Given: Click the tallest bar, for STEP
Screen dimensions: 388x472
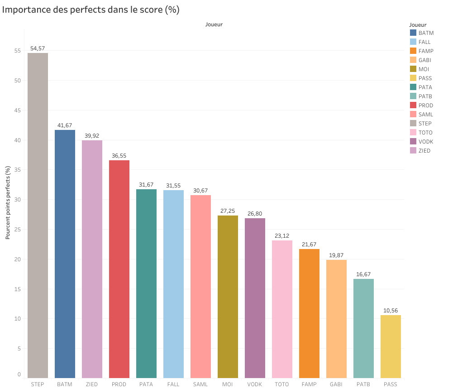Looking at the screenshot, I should coord(38,215).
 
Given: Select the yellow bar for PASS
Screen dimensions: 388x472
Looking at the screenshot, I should coord(391,346).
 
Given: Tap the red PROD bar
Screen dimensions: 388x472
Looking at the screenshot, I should coord(119,269).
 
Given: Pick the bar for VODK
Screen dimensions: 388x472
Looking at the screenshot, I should coord(255,298).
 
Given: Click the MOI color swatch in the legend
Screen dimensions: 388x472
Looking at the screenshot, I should coord(413,69).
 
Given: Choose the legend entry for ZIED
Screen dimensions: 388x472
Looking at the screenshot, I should coord(424,150).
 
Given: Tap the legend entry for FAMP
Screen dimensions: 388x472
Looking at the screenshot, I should coord(425,51).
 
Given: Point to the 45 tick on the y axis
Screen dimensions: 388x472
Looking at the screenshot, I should coord(18,110).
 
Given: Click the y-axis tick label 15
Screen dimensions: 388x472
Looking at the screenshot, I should coord(18,289).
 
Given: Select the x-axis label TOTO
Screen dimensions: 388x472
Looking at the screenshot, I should coord(281,384).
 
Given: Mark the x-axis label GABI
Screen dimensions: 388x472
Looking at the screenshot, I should coord(336,384).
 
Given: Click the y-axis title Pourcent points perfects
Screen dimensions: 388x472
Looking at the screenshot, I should coord(8,202).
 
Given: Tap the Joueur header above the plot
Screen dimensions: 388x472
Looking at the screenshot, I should coord(214,24).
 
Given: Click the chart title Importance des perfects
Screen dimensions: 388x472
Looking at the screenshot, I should coord(91,10).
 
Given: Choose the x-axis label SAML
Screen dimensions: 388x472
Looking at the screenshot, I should coord(200,384).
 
